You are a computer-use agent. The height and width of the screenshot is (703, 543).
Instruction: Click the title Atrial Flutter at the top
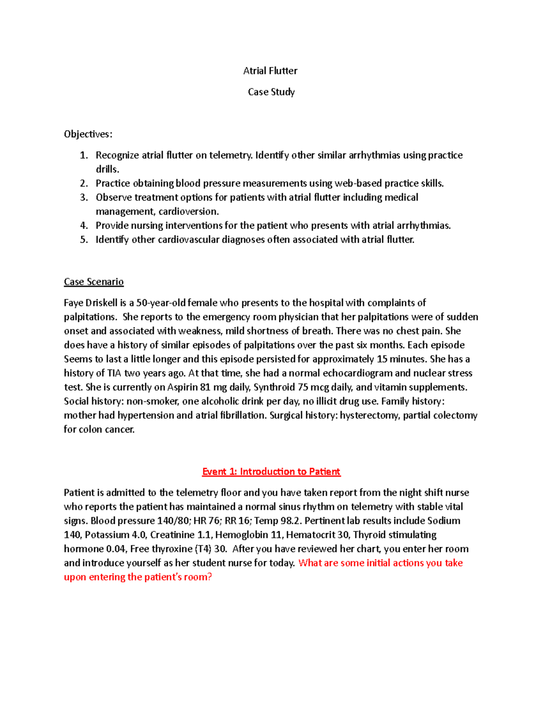[x=270, y=71]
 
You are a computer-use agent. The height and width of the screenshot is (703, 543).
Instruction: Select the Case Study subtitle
[x=271, y=92]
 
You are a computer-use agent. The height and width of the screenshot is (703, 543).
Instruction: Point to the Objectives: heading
[x=88, y=134]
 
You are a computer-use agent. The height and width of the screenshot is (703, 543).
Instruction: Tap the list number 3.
[x=84, y=197]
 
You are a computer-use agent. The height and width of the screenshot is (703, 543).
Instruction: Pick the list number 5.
[x=84, y=239]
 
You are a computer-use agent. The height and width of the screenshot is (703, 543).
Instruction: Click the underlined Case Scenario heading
[x=94, y=282]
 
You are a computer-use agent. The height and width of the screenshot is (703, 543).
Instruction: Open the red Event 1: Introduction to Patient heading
[x=271, y=472]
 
